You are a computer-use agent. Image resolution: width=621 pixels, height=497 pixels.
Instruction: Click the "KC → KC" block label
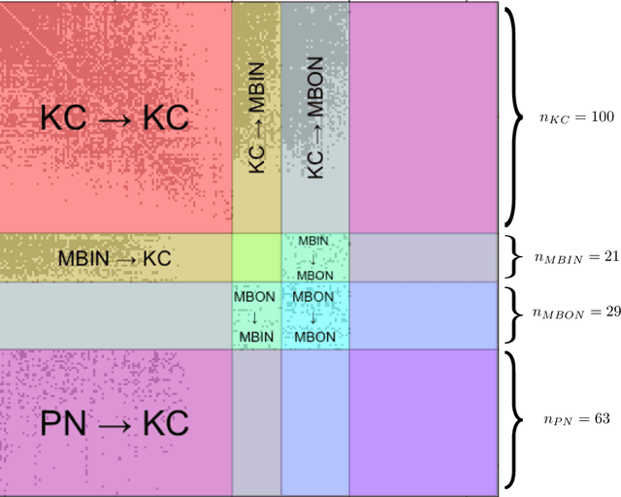tap(114, 117)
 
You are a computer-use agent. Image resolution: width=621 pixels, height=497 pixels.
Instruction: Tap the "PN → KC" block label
tap(114, 423)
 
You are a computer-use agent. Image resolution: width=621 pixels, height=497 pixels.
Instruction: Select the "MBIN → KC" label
tap(114, 258)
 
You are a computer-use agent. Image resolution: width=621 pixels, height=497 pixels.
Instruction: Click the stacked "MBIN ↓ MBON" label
tap(313, 258)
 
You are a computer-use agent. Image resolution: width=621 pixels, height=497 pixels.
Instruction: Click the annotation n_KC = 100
tap(577, 117)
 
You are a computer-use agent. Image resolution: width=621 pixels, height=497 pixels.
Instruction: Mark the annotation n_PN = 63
tap(575, 419)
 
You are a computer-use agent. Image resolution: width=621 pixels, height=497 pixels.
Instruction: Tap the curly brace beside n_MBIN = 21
tap(514, 258)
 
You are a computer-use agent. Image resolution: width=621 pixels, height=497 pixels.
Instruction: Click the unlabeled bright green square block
tap(256, 258)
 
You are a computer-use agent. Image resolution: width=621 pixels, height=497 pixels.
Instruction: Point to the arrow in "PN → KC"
tap(114, 424)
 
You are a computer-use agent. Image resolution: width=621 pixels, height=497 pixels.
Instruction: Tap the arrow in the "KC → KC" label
tap(114, 118)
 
